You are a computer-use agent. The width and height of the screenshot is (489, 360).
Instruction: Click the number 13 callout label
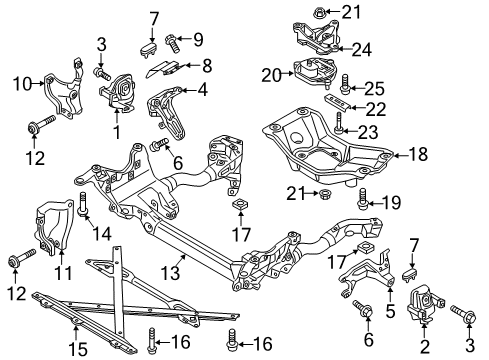click(x=170, y=273)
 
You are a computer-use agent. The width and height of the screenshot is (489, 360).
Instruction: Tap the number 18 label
click(x=418, y=154)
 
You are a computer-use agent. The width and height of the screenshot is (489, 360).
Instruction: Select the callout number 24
click(x=362, y=50)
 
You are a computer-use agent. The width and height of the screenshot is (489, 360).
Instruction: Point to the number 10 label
click(x=22, y=84)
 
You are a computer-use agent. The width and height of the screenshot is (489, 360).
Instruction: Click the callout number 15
click(x=78, y=348)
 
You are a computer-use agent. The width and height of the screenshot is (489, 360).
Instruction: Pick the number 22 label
click(x=376, y=109)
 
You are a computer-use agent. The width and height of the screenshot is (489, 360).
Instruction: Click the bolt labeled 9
click(x=172, y=44)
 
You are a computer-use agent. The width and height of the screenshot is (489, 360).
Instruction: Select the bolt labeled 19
click(x=362, y=199)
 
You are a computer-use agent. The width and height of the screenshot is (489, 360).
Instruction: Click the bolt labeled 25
click(x=345, y=83)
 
